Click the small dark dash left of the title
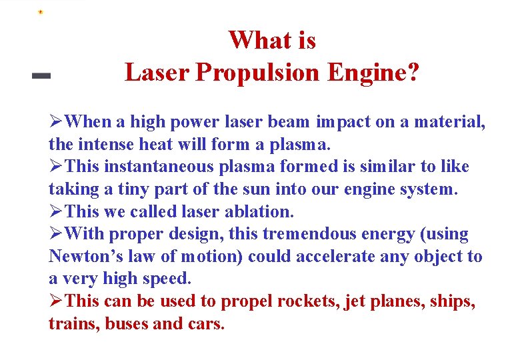pyautogui.click(x=41, y=77)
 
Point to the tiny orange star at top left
pyautogui.click(x=40, y=12)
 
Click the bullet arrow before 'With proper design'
pyautogui.click(x=57, y=235)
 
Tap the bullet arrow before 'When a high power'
pyautogui.click(x=57, y=122)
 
